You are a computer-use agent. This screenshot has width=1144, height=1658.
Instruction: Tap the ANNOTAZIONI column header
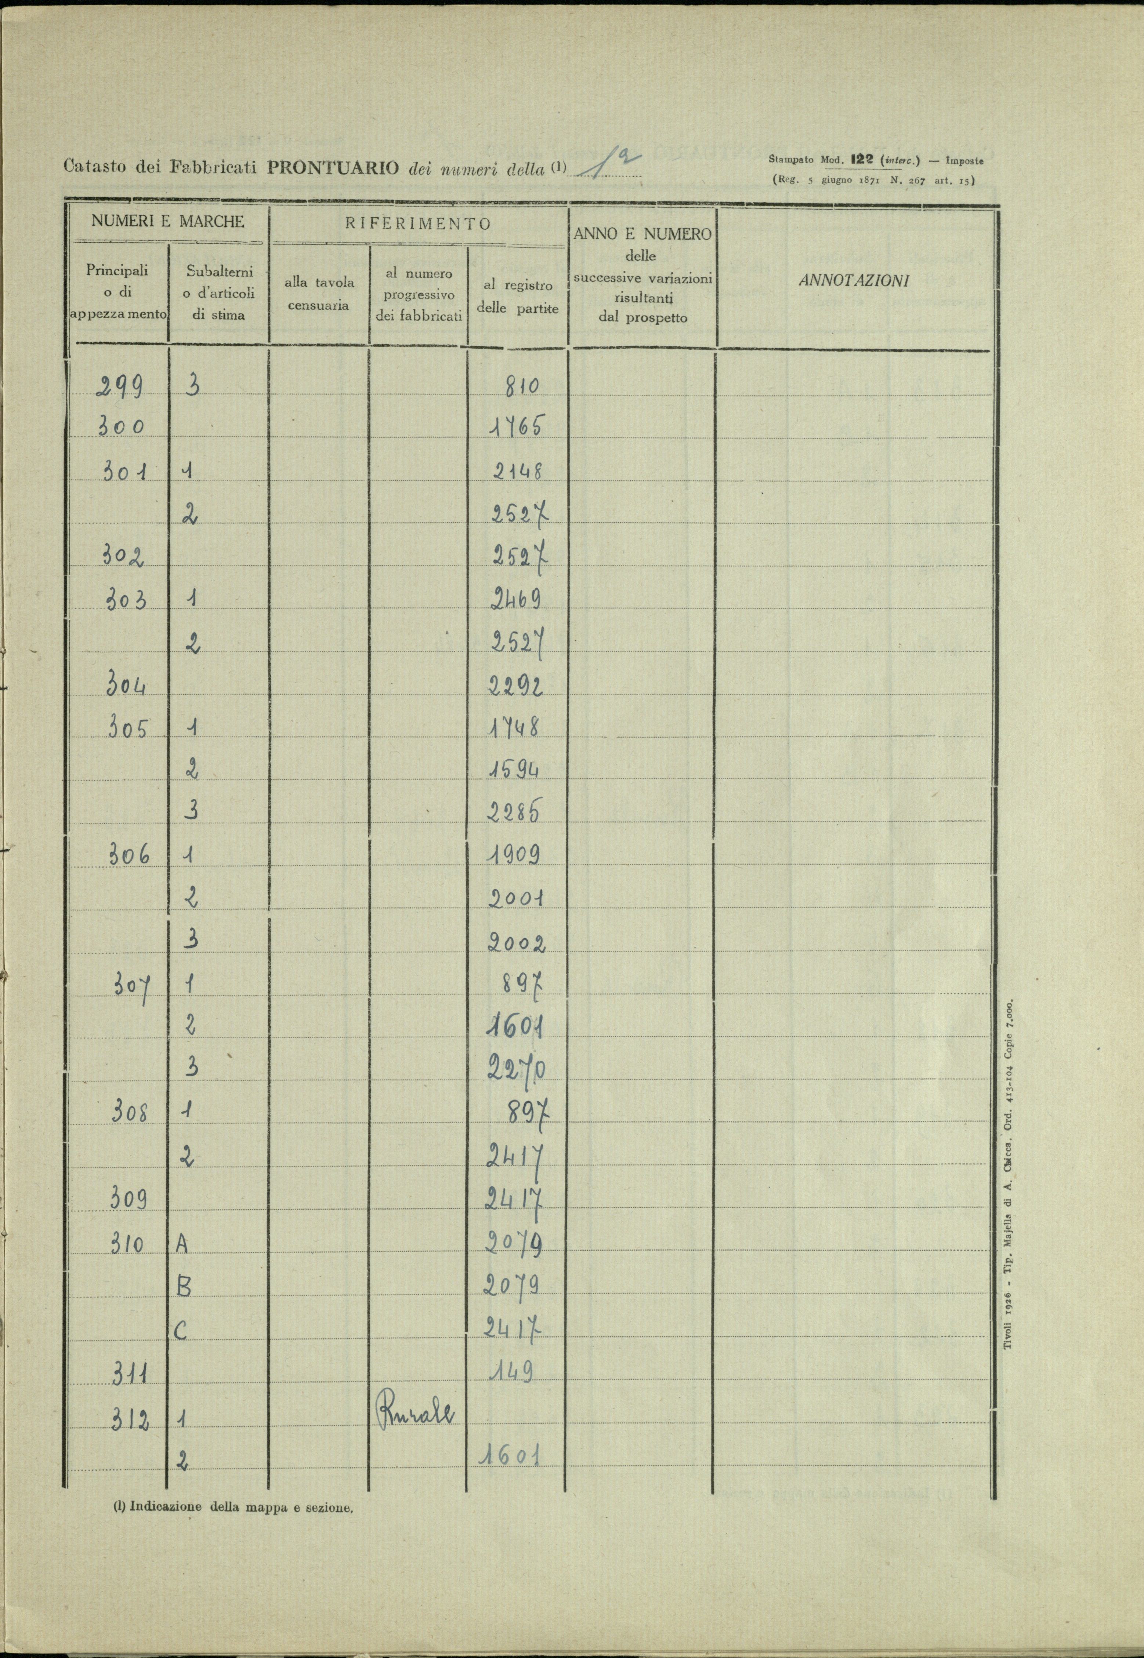853,281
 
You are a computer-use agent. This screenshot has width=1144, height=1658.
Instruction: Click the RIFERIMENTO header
418,223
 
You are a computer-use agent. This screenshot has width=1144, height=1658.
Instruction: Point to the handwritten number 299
119,388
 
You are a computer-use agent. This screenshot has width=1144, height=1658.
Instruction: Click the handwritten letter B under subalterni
184,1288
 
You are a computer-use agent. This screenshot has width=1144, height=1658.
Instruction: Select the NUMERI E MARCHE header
168,221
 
